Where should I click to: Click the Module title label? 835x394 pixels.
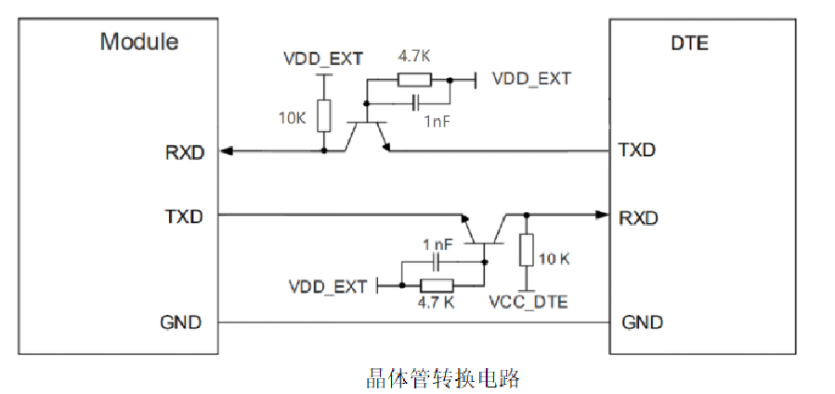(139, 42)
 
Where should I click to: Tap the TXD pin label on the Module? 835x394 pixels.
(184, 216)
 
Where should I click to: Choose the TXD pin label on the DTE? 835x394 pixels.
(637, 151)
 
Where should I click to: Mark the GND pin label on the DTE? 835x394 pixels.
(642, 322)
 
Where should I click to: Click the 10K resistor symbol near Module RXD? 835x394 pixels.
(323, 116)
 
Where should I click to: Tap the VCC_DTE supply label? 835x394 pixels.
(527, 302)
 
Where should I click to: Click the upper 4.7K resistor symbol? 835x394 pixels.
(413, 79)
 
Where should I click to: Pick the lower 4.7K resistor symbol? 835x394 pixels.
(436, 285)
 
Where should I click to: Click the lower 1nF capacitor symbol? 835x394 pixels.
(437, 263)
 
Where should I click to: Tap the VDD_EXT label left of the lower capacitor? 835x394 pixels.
(327, 285)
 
